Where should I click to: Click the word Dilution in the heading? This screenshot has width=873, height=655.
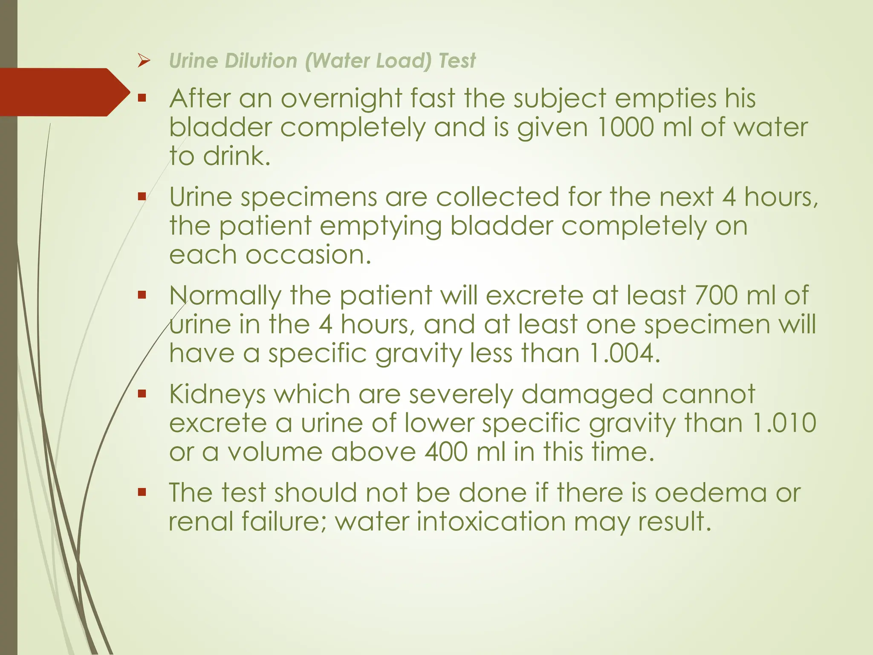click(261, 61)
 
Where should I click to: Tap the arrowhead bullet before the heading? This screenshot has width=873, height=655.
click(144, 61)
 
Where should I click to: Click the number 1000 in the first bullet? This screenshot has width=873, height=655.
click(625, 127)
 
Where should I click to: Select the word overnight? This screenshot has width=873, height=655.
click(341, 99)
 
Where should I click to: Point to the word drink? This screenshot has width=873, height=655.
click(237, 156)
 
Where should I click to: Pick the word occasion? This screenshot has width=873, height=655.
click(308, 255)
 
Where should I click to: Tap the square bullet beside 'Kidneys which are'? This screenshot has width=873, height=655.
click(142, 393)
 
